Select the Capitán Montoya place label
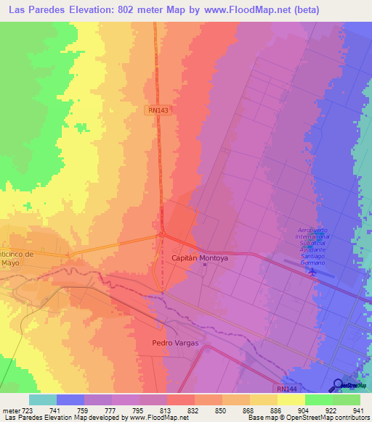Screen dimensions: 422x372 tap(200, 257)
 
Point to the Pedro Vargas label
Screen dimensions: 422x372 tap(175, 342)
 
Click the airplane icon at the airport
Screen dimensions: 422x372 tap(314, 273)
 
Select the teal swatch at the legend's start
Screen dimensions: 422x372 tap(42, 400)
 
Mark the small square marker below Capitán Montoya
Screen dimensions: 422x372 tap(204, 265)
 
